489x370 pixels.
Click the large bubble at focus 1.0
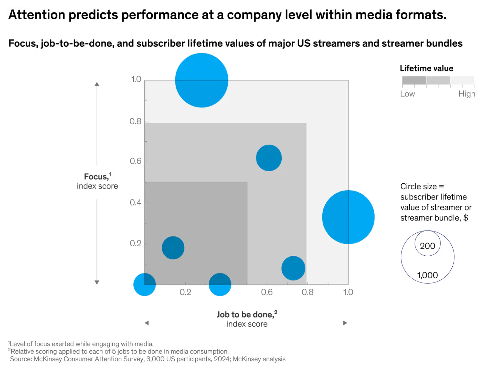point(202,80)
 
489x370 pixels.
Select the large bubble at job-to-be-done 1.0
point(348,217)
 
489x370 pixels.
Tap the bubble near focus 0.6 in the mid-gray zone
point(269,158)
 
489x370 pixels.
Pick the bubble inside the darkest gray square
point(173,248)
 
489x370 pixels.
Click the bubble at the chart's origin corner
point(144,285)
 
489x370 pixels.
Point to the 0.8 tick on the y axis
point(136,121)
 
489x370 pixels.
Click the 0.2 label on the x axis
point(185,292)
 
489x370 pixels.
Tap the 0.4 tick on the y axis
point(136,203)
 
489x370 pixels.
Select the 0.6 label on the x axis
point(267,292)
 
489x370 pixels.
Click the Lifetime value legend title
point(426,68)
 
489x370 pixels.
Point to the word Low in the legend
point(407,94)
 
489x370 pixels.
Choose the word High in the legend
point(467,94)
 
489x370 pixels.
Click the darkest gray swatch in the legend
point(414,80)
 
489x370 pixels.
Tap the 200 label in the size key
point(427,246)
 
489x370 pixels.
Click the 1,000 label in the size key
point(427,275)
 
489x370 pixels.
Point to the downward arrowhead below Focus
point(97,282)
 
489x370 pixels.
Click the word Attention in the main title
point(37,15)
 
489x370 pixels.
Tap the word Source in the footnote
point(21,359)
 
